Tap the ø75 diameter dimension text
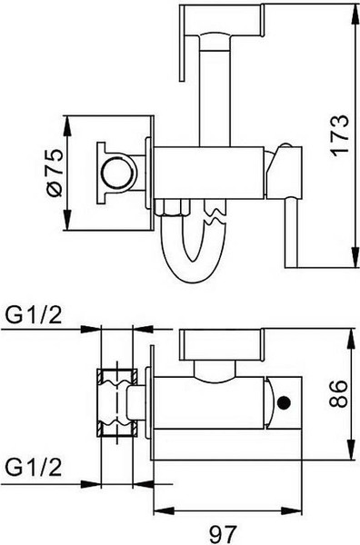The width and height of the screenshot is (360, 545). [x=55, y=173]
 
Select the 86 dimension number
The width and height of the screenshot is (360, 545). [x=338, y=393]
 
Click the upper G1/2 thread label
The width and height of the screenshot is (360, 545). [x=34, y=316]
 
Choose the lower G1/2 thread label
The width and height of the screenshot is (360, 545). [x=34, y=468]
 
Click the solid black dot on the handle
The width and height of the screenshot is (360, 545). [x=285, y=402]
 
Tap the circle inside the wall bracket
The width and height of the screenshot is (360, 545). [x=117, y=173]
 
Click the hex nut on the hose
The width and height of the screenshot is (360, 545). [x=173, y=207]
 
